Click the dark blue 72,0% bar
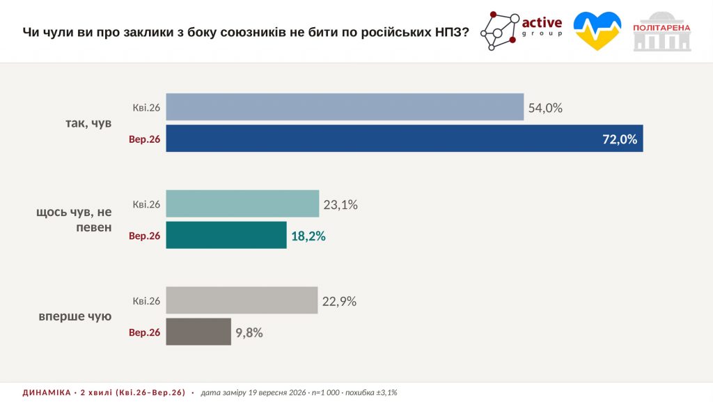click(405, 138)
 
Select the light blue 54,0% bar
click(345, 107)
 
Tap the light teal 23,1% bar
click(242, 203)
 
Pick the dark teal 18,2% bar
click(226, 235)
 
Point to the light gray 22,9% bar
click(242, 300)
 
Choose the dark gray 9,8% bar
click(198, 332)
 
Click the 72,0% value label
click(619, 139)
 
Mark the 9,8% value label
click(249, 333)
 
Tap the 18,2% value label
click(308, 236)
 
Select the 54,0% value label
click(545, 108)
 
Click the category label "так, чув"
click(88, 123)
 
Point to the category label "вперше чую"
click(75, 316)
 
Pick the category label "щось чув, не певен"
click(74, 219)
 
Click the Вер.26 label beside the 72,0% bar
click(145, 139)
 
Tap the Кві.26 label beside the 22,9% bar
click(146, 301)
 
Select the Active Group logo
click(522, 31)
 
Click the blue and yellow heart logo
click(597, 31)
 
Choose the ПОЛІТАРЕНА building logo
click(662, 31)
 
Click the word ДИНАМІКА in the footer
click(47, 392)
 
